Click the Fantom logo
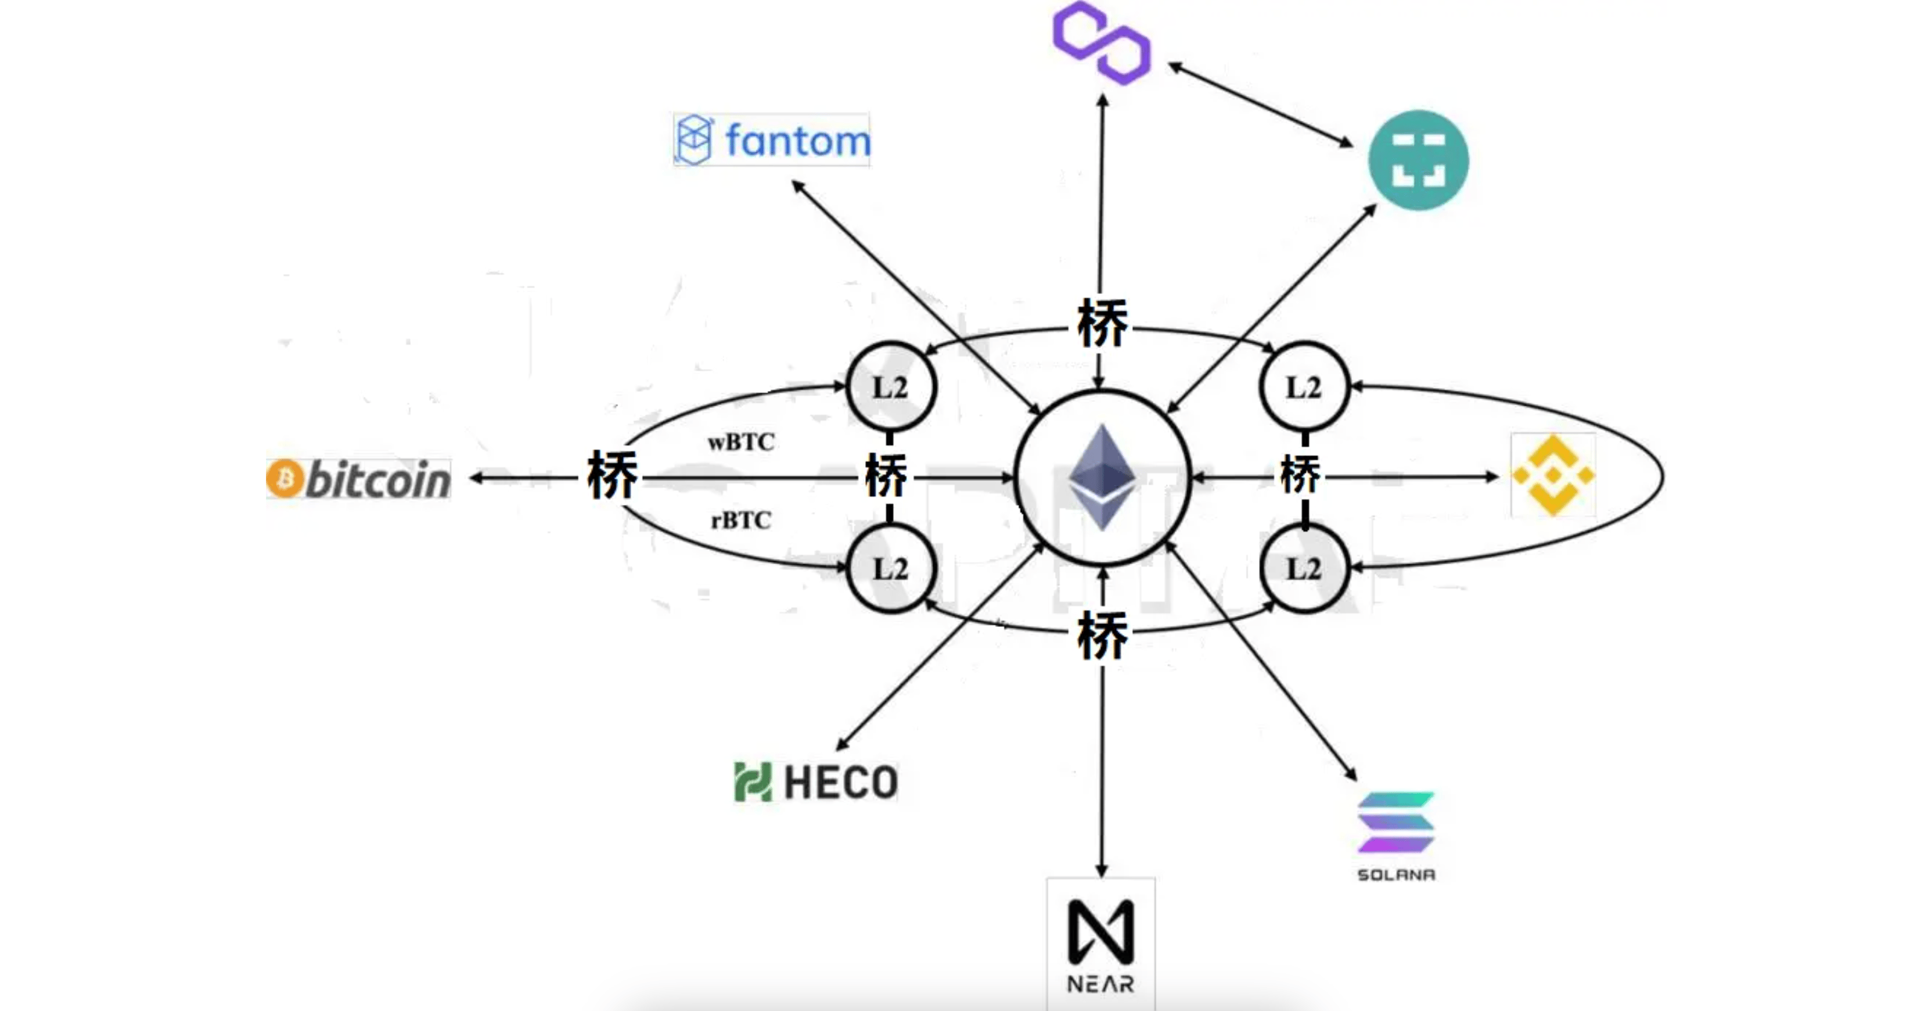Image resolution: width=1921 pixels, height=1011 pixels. point(772,139)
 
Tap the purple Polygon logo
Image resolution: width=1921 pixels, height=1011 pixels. point(1102,42)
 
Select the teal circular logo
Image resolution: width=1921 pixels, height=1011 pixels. point(1418,160)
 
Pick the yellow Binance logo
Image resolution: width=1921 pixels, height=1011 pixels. point(1553,475)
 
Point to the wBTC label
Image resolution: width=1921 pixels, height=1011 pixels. point(740,442)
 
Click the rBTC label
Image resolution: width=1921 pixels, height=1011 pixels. point(740,519)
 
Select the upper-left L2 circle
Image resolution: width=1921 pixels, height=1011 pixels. point(890,387)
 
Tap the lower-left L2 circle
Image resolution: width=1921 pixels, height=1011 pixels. point(890,569)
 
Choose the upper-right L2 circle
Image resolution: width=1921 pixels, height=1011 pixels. point(1304,387)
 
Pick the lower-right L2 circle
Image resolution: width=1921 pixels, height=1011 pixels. point(1304,569)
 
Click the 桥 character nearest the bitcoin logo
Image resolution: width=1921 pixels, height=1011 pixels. point(612,475)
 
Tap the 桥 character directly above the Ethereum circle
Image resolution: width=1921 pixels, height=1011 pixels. point(1102,323)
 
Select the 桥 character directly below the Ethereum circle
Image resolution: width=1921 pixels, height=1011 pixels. point(1102,636)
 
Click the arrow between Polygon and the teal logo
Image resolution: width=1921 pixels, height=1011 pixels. point(1260,105)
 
